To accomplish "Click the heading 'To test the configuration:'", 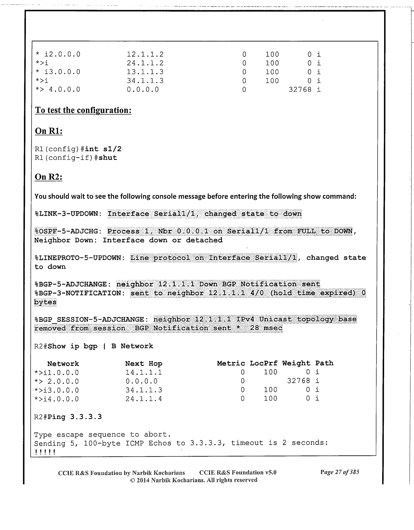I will pos(83,110).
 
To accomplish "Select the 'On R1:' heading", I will pos(49,131).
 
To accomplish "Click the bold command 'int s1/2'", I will pos(103,149).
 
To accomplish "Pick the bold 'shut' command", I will pos(108,158).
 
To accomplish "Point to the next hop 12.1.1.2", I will pos(145,54).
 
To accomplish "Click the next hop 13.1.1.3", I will pos(145,72).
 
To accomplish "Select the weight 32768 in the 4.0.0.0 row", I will pos(300,89).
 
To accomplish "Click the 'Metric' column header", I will pos(231,363).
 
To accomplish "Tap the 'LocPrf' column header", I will pos(264,363).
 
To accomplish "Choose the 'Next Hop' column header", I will pos(143,364).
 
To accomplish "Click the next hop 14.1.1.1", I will pos(143,372).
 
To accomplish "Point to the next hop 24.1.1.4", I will pos(143,399).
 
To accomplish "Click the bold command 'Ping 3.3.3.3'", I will pos(75,417).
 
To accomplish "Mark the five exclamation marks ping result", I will pos(45,452).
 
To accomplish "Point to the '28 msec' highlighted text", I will pos(266,328).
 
